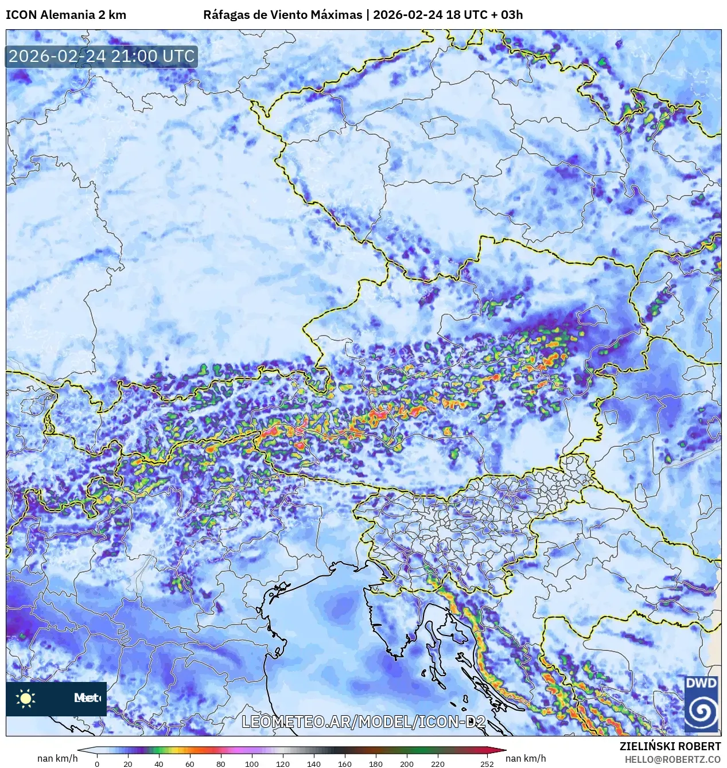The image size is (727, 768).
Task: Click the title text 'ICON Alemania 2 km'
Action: click(x=66, y=15)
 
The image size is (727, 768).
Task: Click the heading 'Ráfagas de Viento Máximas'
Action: click(x=282, y=15)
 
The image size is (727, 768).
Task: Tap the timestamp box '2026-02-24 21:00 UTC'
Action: click(x=102, y=56)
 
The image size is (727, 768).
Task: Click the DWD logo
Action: click(x=701, y=704)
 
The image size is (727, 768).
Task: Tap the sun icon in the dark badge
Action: click(x=26, y=698)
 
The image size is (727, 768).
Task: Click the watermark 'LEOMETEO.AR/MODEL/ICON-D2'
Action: click(x=364, y=722)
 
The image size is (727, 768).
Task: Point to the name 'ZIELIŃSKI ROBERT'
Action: click(x=670, y=746)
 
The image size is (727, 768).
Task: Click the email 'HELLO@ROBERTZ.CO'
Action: click(x=672, y=759)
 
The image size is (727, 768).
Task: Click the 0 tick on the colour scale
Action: click(x=96, y=763)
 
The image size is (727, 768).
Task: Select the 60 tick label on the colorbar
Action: click(x=189, y=763)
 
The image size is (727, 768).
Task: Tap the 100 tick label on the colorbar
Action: click(x=251, y=763)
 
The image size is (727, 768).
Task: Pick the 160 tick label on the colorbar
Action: click(x=344, y=763)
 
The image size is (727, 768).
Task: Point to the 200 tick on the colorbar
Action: click(x=406, y=763)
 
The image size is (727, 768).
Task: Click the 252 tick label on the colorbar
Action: click(x=487, y=763)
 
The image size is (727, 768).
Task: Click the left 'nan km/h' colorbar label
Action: click(x=57, y=758)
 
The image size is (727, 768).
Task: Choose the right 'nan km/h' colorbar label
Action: click(x=526, y=758)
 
